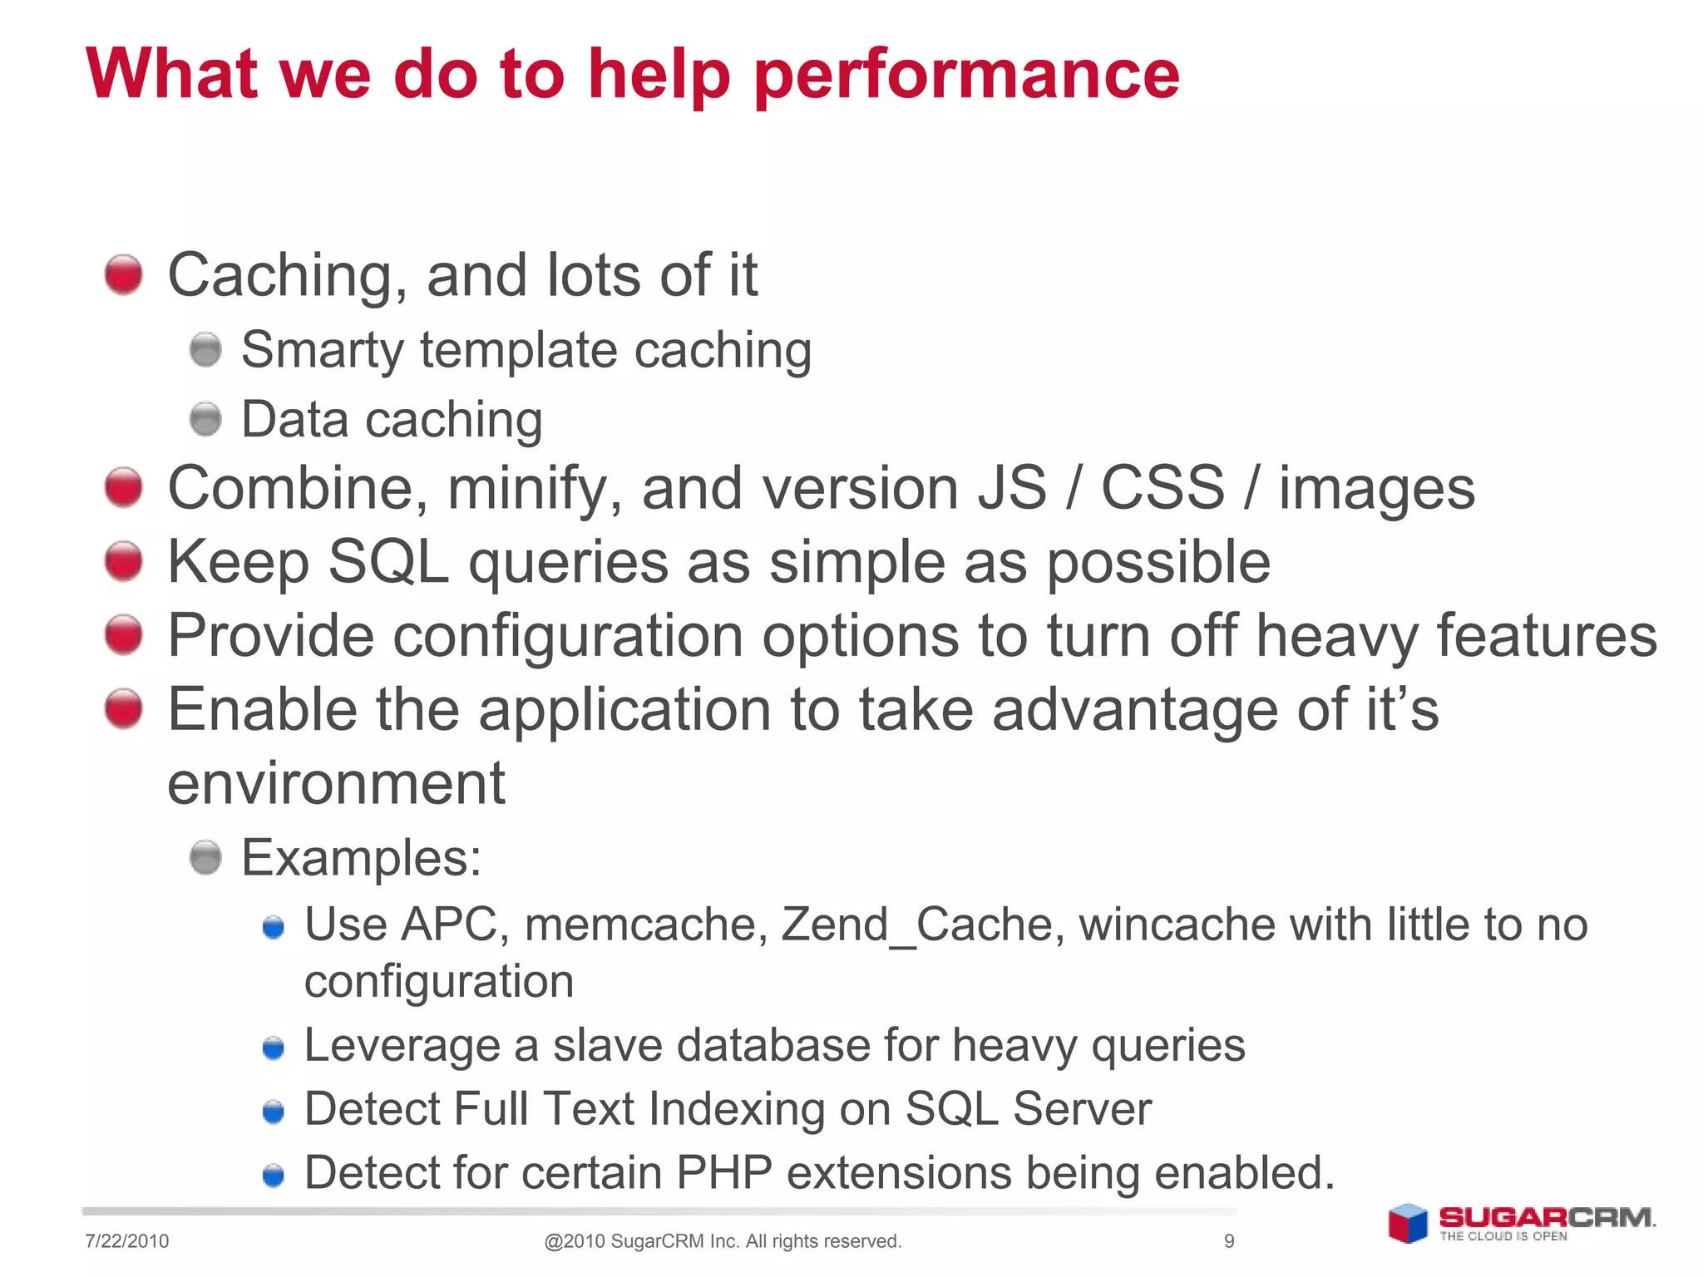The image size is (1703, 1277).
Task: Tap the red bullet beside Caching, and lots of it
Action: (x=124, y=274)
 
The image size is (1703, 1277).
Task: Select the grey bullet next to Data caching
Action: (x=205, y=419)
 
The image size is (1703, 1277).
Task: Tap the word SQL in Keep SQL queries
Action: (x=387, y=563)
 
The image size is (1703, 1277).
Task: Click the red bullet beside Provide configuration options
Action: (x=124, y=635)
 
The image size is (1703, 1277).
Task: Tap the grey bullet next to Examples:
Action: (x=205, y=857)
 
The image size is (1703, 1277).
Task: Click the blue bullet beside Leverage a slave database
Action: (x=274, y=1048)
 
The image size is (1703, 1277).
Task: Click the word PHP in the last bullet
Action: (x=724, y=1173)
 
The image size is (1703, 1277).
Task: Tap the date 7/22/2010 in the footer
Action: (x=126, y=1241)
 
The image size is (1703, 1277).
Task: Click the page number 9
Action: (x=1229, y=1241)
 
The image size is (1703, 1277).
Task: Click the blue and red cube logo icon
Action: (x=1407, y=1224)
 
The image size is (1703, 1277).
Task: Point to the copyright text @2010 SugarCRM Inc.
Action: (x=722, y=1241)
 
